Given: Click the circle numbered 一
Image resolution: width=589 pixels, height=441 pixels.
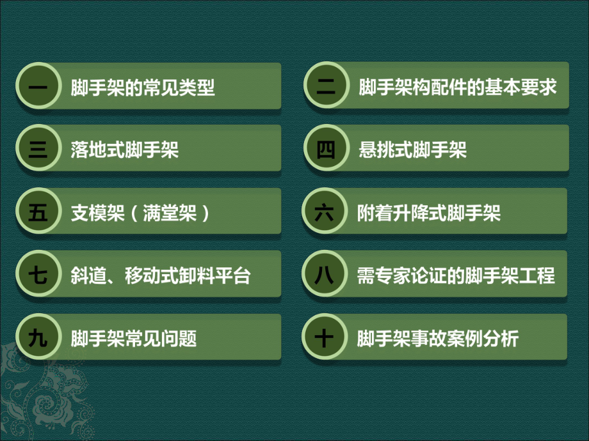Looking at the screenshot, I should [38, 87].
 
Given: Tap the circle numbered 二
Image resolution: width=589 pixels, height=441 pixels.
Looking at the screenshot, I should [325, 87].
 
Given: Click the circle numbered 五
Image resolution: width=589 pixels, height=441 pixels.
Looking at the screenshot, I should [38, 212].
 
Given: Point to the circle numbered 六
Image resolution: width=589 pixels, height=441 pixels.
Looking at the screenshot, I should [325, 212].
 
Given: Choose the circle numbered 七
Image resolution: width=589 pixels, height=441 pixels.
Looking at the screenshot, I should [38, 275].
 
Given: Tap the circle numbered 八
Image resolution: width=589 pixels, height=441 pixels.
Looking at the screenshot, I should [325, 275].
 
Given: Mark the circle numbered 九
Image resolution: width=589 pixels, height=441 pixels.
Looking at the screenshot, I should [38, 337].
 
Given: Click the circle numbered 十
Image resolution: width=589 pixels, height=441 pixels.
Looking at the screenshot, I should [325, 337].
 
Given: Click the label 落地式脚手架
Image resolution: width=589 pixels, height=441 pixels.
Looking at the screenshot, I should [125, 150].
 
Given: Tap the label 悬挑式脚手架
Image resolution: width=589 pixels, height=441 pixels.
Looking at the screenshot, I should [412, 150].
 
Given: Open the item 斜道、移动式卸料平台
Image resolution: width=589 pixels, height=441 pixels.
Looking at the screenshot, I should [160, 275].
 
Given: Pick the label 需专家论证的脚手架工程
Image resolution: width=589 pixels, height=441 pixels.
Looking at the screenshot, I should [456, 275].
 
